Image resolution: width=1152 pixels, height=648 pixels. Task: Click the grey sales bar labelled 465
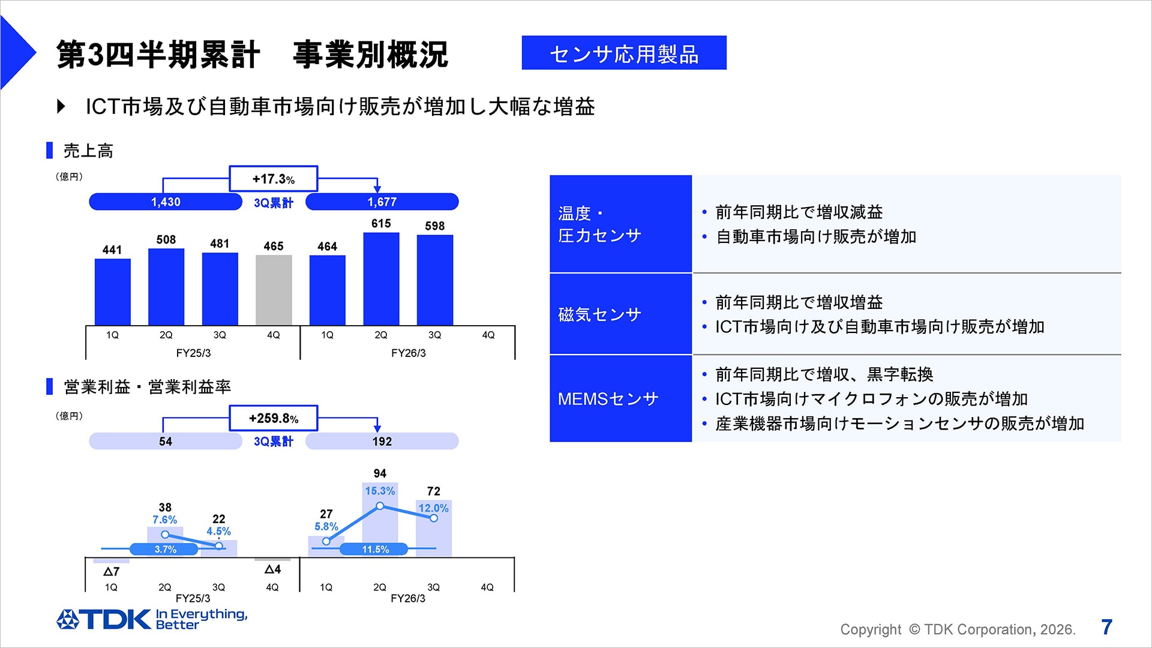coord(274,290)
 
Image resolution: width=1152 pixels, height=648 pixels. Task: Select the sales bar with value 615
coord(381,278)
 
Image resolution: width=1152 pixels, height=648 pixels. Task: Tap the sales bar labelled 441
coord(112,292)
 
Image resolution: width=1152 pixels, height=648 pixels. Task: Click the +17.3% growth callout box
coord(273,179)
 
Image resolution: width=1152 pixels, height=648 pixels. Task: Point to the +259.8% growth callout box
coord(273,418)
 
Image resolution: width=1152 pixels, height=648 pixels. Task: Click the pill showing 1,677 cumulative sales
coord(382,202)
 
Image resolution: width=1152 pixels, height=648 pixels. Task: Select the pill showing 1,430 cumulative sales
coord(165,202)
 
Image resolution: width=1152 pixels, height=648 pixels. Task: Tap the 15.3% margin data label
coord(380,491)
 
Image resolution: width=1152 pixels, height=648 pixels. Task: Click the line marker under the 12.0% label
coord(434,518)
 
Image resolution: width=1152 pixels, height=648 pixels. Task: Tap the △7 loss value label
coord(112,572)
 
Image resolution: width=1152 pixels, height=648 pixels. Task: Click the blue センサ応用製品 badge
coord(624,53)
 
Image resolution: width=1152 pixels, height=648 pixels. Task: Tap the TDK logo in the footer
coord(104,619)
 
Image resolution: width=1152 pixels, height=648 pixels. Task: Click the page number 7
coord(1107,627)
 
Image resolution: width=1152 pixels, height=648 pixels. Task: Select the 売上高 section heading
coord(88,151)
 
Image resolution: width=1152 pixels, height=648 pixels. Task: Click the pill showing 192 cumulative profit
coord(382,442)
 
